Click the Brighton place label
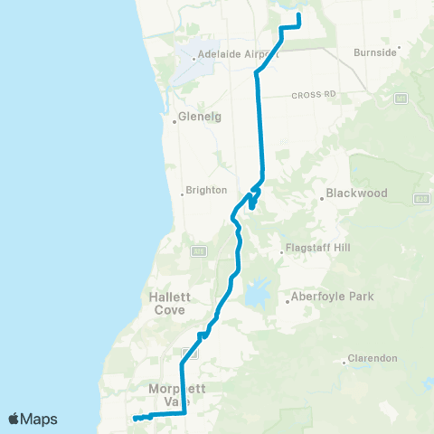(205, 192)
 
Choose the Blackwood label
(356, 193)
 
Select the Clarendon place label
(373, 358)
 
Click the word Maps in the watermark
(40, 419)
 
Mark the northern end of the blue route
(298, 14)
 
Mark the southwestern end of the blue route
(134, 419)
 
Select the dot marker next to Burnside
(400, 47)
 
